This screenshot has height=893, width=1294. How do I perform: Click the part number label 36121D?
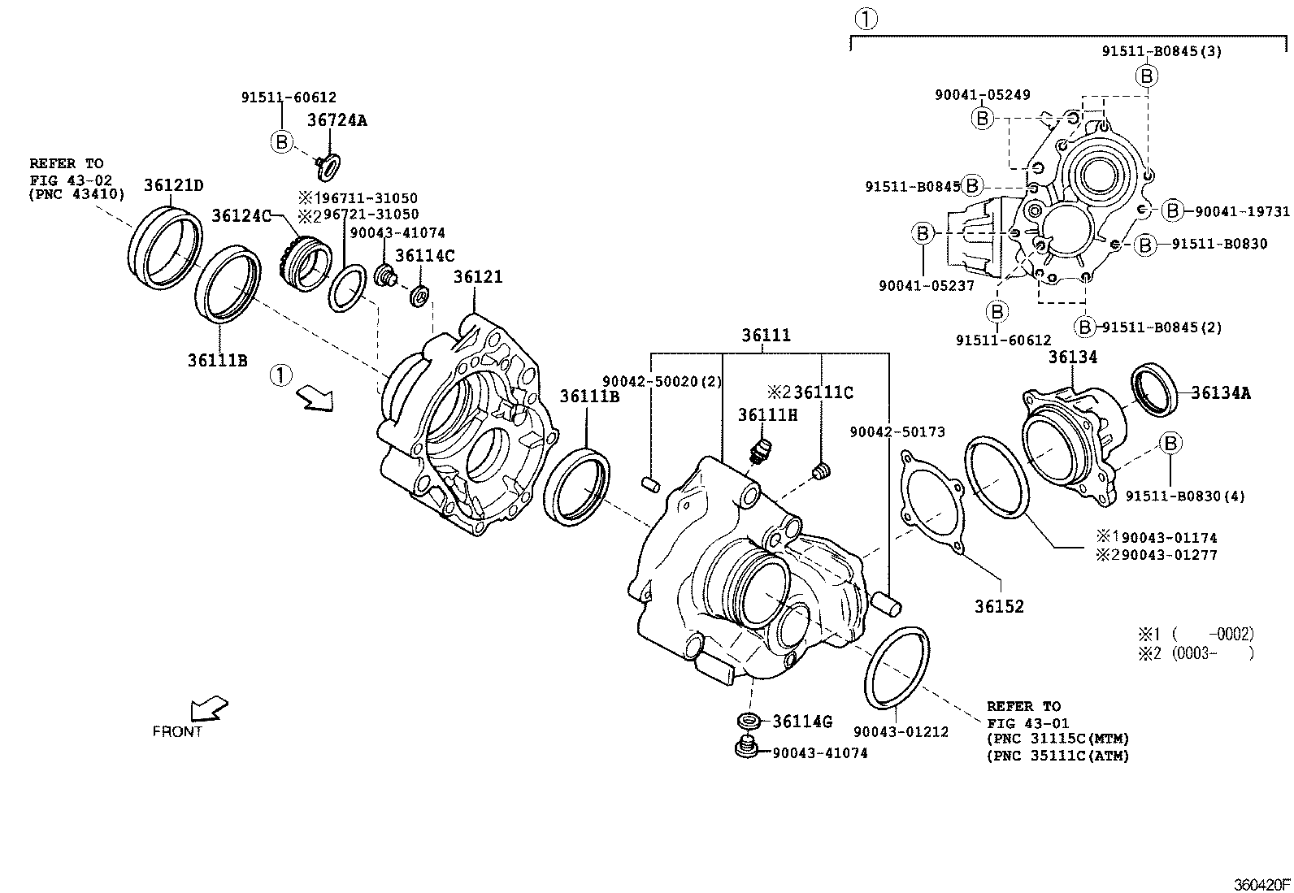[x=174, y=184]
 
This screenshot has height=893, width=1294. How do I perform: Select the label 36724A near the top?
[x=337, y=120]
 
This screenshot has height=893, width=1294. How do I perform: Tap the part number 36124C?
[x=241, y=215]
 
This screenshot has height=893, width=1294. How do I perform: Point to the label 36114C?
[x=424, y=255]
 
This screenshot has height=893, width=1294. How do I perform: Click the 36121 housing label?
[x=478, y=276]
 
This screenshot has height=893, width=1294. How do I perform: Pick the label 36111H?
[x=767, y=415]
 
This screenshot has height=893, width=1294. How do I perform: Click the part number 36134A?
[x=1221, y=393]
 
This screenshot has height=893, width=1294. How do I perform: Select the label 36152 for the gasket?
[x=1000, y=606]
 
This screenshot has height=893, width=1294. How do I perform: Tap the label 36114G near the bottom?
[x=802, y=722]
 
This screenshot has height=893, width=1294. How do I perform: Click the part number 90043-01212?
[x=901, y=732]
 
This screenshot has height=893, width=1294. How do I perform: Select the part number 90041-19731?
[x=1242, y=211]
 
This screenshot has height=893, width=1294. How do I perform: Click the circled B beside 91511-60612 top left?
[x=280, y=141]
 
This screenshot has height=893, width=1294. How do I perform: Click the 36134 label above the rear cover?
[x=1072, y=357]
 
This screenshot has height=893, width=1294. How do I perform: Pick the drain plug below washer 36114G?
[x=744, y=748]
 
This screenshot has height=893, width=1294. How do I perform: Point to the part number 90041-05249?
[x=982, y=95]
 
